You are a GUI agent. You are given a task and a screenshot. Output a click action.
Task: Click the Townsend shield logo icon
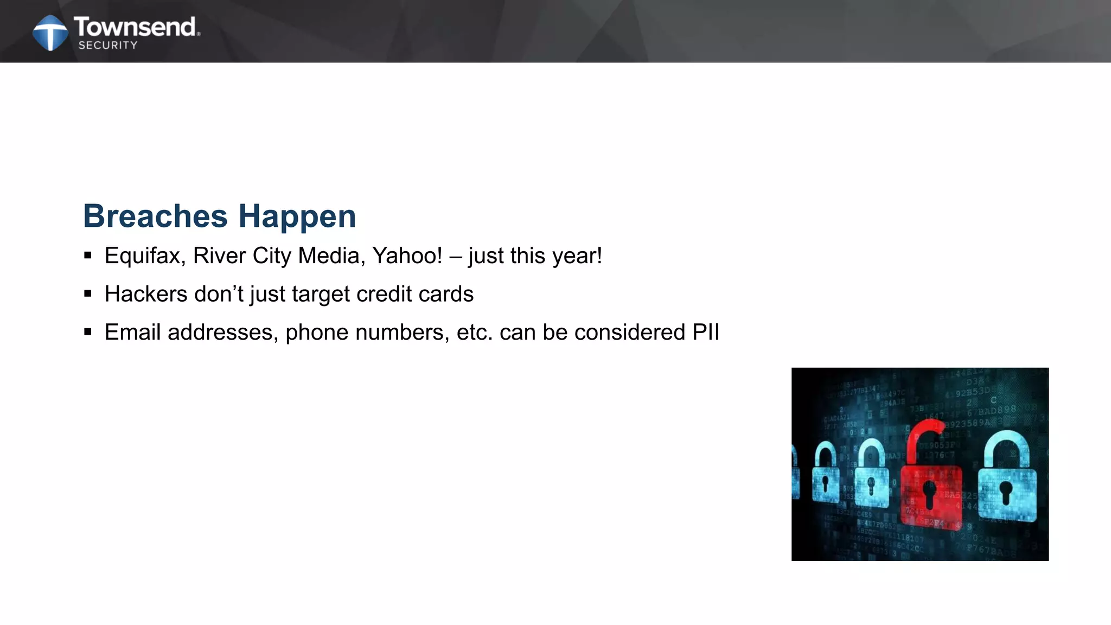pos(50,33)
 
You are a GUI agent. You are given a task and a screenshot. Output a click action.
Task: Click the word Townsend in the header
pos(136,27)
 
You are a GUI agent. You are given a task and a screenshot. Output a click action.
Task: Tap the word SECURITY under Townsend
pos(108,46)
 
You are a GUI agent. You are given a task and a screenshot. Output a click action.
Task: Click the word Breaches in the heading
pos(155,216)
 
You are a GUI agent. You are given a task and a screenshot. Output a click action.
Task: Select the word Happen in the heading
pos(297,217)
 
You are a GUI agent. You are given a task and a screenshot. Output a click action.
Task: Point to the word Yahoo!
pos(407,256)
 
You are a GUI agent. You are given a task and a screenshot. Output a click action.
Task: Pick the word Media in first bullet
pos(331,256)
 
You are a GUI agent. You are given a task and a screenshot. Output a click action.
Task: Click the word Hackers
pos(146,294)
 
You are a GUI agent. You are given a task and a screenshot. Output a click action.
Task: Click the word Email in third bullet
pos(132,332)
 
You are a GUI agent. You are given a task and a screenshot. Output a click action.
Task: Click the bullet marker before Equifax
pos(88,256)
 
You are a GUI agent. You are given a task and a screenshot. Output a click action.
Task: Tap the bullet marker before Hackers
pos(88,294)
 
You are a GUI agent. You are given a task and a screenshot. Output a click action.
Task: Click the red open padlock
pos(931,494)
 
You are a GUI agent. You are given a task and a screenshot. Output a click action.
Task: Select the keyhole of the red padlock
pos(930,494)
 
